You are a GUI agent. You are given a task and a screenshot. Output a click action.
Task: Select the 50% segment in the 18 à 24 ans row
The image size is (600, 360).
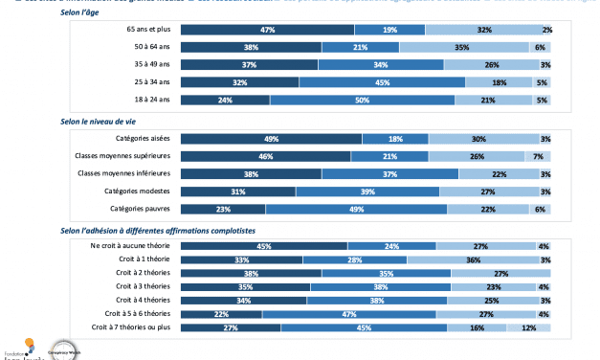click(x=364, y=99)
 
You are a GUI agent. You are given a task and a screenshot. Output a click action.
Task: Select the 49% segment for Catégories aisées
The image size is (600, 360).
click(x=272, y=139)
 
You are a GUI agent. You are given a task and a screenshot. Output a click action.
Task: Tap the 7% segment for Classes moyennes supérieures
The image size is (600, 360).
click(x=538, y=156)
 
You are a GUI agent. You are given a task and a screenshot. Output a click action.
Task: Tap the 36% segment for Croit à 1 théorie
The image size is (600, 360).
click(x=472, y=259)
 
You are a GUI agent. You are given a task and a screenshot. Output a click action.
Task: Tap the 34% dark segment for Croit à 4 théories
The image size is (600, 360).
click(x=244, y=299)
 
